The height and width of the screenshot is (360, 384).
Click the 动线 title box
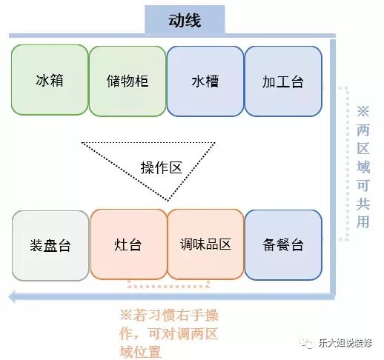point(185,20)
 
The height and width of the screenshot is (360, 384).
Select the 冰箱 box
point(50,80)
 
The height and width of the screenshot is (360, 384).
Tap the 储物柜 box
point(128,81)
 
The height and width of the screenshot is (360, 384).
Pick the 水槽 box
point(205,81)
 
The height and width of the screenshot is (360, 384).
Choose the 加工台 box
point(283,81)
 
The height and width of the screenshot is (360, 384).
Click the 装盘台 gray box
point(50,246)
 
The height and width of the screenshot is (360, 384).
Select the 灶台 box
point(129,244)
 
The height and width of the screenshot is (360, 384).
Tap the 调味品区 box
point(205,244)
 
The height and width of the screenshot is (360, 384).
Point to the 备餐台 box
point(283,245)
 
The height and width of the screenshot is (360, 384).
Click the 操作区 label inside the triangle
point(161,167)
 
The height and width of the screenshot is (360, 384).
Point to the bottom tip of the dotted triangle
point(168,201)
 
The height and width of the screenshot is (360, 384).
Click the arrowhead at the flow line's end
point(13,296)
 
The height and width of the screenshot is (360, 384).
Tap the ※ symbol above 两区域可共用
point(363,111)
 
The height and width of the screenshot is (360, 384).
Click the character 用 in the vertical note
point(363,221)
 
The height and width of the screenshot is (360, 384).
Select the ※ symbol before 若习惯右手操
point(126,316)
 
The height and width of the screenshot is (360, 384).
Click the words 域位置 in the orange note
point(140,352)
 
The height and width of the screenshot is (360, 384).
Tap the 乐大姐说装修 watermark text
point(345,343)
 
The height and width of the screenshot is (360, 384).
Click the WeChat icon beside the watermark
point(307,343)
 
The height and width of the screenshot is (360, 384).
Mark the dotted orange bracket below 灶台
point(168,286)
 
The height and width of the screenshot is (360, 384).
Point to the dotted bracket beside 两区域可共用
point(347,163)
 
